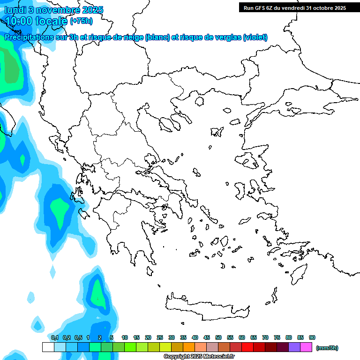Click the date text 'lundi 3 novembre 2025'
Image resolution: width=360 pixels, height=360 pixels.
pos(54,10)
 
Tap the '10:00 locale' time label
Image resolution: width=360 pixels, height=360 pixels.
pos(36,21)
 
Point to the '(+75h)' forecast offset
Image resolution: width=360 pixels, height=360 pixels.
pos(81,21)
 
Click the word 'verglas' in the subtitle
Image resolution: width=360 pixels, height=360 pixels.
pos(227,37)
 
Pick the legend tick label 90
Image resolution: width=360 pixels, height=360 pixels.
pos(312,337)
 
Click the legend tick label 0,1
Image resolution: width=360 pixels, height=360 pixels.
pos(54,337)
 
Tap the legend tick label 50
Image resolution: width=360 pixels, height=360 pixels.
pos(218,337)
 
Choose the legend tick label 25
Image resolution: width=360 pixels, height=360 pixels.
pos(160,337)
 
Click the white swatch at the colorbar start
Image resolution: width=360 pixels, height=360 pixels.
pos(48,347)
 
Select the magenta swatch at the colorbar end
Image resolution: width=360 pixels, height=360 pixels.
pos(306,347)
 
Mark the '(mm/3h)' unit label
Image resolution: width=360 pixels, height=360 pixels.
pos(327,348)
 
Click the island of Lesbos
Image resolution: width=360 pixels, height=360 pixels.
pos(249,161)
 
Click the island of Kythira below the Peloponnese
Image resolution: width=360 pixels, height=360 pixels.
pos(150,271)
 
